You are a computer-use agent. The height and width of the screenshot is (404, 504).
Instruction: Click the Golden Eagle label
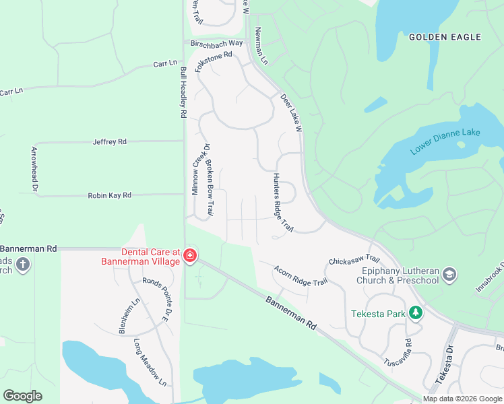pyautogui.click(x=445, y=37)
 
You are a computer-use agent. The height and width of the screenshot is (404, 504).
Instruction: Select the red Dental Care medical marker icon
pyautogui.click(x=190, y=255)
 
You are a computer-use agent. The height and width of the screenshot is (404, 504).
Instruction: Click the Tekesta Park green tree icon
pyautogui.click(x=416, y=312)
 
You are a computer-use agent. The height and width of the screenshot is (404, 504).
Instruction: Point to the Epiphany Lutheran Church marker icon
pyautogui.click(x=449, y=274)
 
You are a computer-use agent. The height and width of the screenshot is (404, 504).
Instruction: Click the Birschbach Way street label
pyautogui.click(x=216, y=43)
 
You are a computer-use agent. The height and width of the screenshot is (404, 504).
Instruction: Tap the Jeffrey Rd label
pyautogui.click(x=109, y=142)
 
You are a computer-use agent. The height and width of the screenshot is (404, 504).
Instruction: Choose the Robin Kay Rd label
pyautogui.click(x=109, y=195)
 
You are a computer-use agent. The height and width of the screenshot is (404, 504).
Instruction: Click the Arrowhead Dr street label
pyautogui.click(x=34, y=169)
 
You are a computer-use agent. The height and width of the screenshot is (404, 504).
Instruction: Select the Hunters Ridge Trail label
pyautogui.click(x=283, y=203)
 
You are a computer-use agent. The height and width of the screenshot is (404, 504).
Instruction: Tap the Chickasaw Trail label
pyautogui.click(x=354, y=261)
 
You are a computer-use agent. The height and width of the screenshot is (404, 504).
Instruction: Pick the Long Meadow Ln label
pyautogui.click(x=149, y=364)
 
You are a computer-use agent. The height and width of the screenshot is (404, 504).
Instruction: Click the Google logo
pyautogui.click(x=23, y=396)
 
